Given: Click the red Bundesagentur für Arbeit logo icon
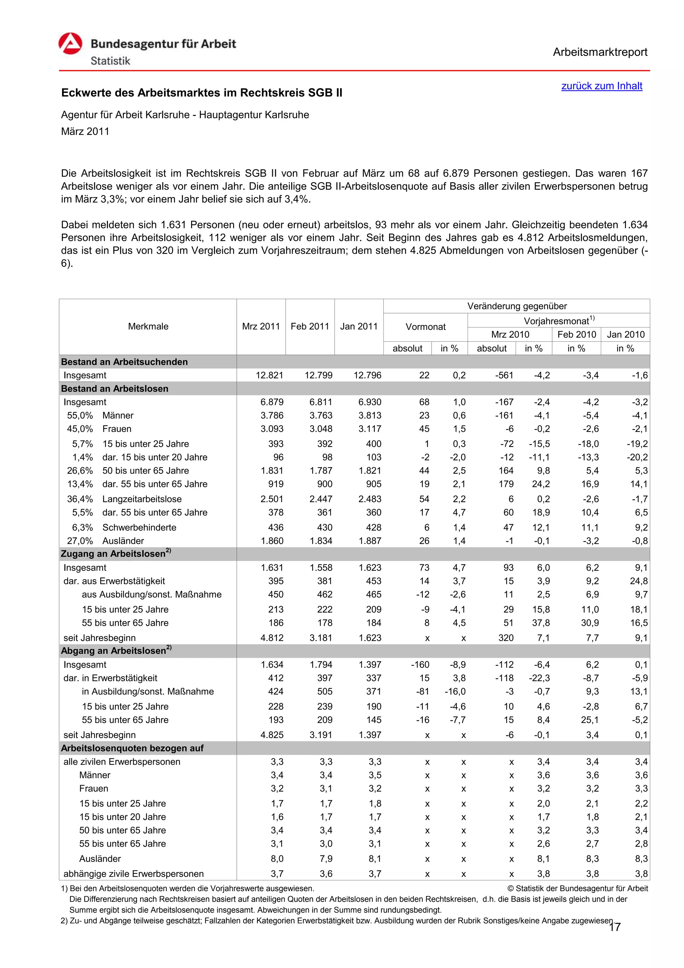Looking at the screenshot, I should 70,44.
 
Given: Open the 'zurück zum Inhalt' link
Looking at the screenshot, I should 602,86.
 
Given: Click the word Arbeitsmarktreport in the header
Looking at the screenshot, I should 600,52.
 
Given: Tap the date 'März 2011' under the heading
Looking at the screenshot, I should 85,132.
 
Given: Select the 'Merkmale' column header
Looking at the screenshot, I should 148,326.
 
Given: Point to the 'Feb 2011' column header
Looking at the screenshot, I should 310,326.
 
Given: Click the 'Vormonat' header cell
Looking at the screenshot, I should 425,327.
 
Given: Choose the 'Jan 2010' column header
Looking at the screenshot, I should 626,334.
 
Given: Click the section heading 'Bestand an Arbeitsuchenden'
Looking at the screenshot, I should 124,362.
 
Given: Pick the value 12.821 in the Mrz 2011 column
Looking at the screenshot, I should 270,375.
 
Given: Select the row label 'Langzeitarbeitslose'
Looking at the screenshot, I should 142,499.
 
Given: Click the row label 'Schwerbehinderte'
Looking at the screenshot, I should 139,527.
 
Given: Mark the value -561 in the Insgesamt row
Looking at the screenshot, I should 504,375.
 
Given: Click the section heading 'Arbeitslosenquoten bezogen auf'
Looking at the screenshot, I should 132,748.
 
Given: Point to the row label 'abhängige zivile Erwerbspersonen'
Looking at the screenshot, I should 134,873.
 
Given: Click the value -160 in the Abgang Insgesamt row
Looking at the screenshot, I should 420,665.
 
